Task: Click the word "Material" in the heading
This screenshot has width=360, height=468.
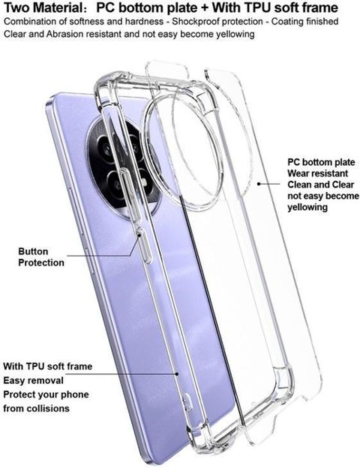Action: tap(56, 8)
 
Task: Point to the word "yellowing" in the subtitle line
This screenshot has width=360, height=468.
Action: tap(235, 34)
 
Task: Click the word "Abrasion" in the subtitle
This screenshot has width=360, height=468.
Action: tap(64, 34)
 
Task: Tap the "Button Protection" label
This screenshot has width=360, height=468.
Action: tap(41, 257)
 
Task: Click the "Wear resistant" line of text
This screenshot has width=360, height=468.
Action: tap(317, 173)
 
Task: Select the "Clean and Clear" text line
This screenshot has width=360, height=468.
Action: tap(320, 184)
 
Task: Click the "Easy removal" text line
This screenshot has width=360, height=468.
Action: tap(34, 380)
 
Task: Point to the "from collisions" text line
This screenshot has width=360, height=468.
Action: tap(36, 408)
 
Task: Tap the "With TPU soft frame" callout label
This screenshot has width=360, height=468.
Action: tap(48, 366)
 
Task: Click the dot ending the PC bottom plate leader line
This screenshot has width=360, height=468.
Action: tap(259, 184)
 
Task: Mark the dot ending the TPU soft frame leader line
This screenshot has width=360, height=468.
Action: tap(177, 373)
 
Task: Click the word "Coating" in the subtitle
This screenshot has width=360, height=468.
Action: tap(288, 22)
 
